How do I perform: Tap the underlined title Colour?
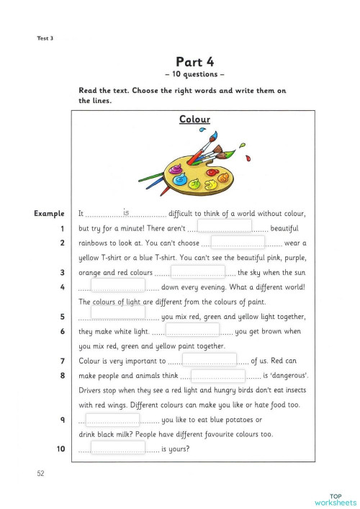coord(194,120)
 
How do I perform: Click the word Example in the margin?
coord(50,214)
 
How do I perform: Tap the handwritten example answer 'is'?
coord(126,212)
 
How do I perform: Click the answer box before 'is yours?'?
coord(118,448)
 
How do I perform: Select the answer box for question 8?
coord(218,375)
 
